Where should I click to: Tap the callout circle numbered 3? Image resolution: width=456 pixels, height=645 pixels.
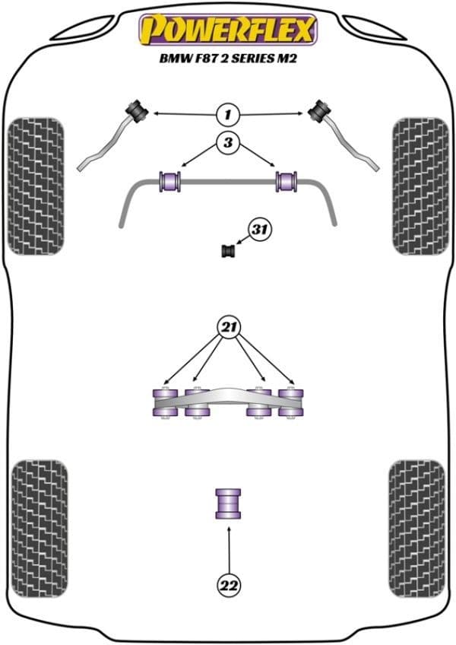(227, 141)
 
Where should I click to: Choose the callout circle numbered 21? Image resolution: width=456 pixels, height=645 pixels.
(228, 328)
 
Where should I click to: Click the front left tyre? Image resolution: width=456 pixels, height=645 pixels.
(35, 186)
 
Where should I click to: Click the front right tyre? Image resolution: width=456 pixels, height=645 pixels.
(420, 186)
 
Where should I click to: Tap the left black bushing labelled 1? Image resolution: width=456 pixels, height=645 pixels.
(139, 110)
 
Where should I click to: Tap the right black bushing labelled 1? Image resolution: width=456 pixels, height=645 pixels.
(318, 110)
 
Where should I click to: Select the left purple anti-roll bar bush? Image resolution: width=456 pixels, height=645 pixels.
(170, 182)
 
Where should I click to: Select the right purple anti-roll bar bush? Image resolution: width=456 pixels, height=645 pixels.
(287, 182)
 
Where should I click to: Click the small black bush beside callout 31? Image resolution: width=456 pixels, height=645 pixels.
(226, 249)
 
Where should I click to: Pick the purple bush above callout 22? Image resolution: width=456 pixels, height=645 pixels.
(228, 503)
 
